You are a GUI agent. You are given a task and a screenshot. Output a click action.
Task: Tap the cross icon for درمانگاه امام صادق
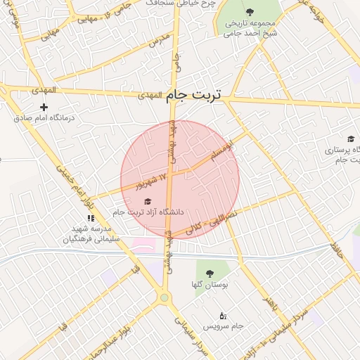tap(44, 107)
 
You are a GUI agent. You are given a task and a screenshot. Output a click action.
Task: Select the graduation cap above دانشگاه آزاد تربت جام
tap(146, 201)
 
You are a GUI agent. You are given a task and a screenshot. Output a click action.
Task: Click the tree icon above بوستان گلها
tap(208, 274)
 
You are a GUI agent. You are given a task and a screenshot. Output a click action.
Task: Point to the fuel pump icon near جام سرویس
tap(224, 315)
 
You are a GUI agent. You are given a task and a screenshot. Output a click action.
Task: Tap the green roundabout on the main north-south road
tap(165, 298)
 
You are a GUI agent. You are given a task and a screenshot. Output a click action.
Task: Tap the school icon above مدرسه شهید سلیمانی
tap(90, 219)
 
